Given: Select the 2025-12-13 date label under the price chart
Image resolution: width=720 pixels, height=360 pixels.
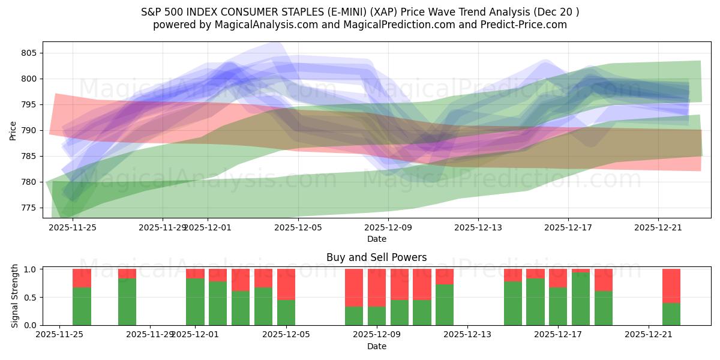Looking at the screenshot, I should coord(478,227).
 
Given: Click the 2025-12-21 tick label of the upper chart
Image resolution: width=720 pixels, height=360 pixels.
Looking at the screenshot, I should coord(658,227).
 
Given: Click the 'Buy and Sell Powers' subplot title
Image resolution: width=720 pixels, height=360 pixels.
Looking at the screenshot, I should coord(376,257).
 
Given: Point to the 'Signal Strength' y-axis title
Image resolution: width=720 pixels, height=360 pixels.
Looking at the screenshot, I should coord(15,297).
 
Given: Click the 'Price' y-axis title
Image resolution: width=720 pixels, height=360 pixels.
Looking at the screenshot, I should coord(13,130).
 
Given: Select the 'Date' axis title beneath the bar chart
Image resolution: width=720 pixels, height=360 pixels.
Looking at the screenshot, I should coord(376,346).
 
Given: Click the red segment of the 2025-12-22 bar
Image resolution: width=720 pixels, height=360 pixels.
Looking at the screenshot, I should coord(671,286).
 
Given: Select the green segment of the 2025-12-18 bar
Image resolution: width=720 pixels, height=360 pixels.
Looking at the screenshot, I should coord(581,299).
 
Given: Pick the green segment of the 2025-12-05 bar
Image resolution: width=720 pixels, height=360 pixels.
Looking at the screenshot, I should coord(286,312).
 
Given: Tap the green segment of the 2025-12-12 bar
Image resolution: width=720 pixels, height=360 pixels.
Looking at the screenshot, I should coord(445,304).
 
